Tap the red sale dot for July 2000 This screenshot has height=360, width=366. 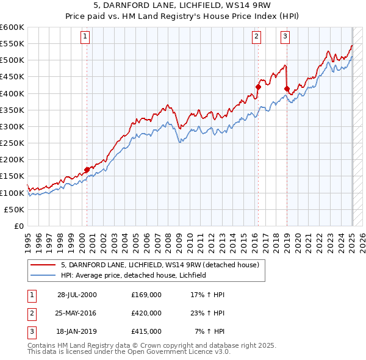point(87,170)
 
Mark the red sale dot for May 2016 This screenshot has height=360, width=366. point(258,87)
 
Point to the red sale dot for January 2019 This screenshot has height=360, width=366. point(287,88)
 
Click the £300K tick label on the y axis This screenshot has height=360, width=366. point(12,126)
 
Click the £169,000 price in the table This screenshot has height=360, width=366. point(146,295)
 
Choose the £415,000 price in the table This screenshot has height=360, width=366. point(146,331)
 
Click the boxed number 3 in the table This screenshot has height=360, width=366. point(30,331)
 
